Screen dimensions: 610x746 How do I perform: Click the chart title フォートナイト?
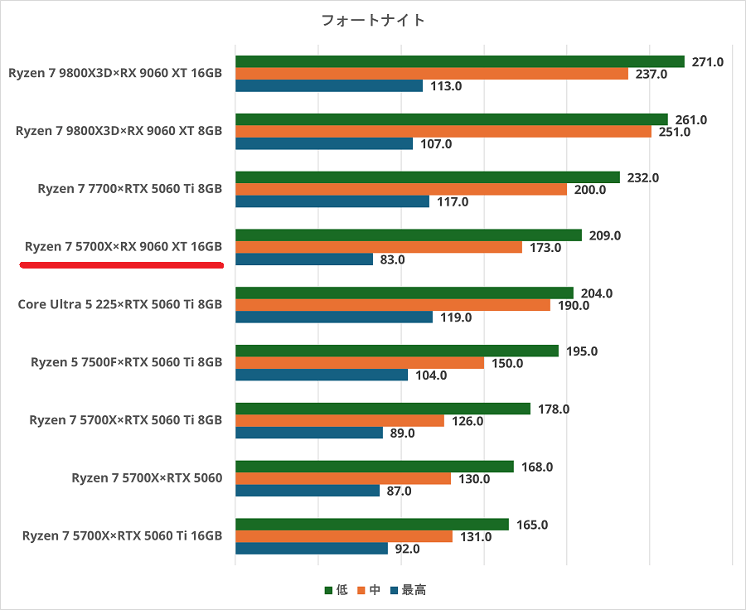[373, 20]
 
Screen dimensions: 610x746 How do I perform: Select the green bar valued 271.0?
[460, 61]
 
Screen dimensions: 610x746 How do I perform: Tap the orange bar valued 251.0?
[443, 132]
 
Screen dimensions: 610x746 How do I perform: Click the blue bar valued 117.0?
[332, 201]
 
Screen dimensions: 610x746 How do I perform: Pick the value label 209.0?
[604, 235]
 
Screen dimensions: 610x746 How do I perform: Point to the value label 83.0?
[392, 259]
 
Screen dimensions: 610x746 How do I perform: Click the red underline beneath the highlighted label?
[122, 266]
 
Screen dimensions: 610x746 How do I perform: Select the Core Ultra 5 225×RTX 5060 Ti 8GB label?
[120, 304]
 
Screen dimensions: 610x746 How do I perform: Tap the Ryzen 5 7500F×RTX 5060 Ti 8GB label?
[126, 362]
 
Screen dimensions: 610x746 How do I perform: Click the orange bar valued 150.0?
[360, 363]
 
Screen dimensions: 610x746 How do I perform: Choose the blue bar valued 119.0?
[334, 317]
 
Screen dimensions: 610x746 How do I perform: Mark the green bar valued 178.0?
[383, 409]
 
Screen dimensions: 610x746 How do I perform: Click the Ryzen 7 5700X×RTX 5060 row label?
[147, 478]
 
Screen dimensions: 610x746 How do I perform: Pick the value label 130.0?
[473, 479]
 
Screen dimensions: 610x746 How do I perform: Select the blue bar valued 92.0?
[312, 549]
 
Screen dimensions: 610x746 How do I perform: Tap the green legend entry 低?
[336, 590]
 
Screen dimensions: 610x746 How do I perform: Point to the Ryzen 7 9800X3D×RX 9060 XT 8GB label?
[119, 131]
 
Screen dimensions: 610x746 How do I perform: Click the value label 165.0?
[531, 525]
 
